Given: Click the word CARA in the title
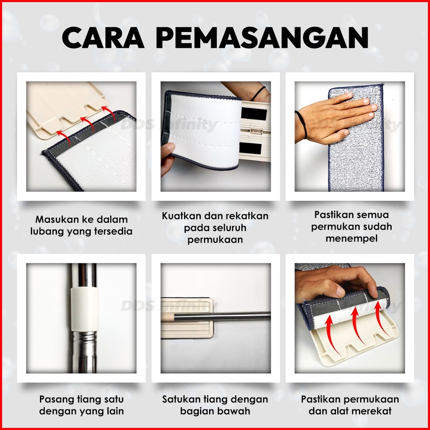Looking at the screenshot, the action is click(103, 37).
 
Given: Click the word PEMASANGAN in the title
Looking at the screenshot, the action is click(262, 37).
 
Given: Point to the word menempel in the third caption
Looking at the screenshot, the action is click(351, 238).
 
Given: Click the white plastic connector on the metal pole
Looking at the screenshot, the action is click(85, 309).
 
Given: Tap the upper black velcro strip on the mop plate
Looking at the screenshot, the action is click(254, 114).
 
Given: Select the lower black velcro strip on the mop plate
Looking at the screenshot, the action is click(250, 148).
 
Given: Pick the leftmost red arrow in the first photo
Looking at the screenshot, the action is click(64, 138).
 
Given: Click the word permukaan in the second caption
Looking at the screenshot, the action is click(215, 240).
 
